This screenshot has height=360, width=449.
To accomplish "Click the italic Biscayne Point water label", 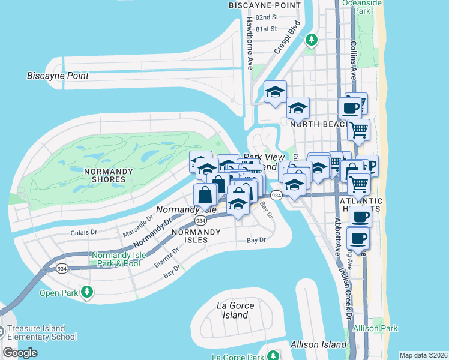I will (58, 76).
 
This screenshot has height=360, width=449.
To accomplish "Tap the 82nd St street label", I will (267, 18).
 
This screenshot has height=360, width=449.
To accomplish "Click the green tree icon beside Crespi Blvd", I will (311, 40).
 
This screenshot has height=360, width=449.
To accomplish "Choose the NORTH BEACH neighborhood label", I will (311, 124).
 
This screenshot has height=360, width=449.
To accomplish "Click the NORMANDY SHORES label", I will (108, 175).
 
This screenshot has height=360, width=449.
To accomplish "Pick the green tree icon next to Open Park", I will (88, 292).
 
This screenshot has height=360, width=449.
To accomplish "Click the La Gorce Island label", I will (235, 310).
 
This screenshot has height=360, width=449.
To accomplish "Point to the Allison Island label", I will (318, 344).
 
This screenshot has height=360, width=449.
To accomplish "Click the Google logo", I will (20, 353).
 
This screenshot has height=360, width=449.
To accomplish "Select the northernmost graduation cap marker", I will (275, 92).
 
